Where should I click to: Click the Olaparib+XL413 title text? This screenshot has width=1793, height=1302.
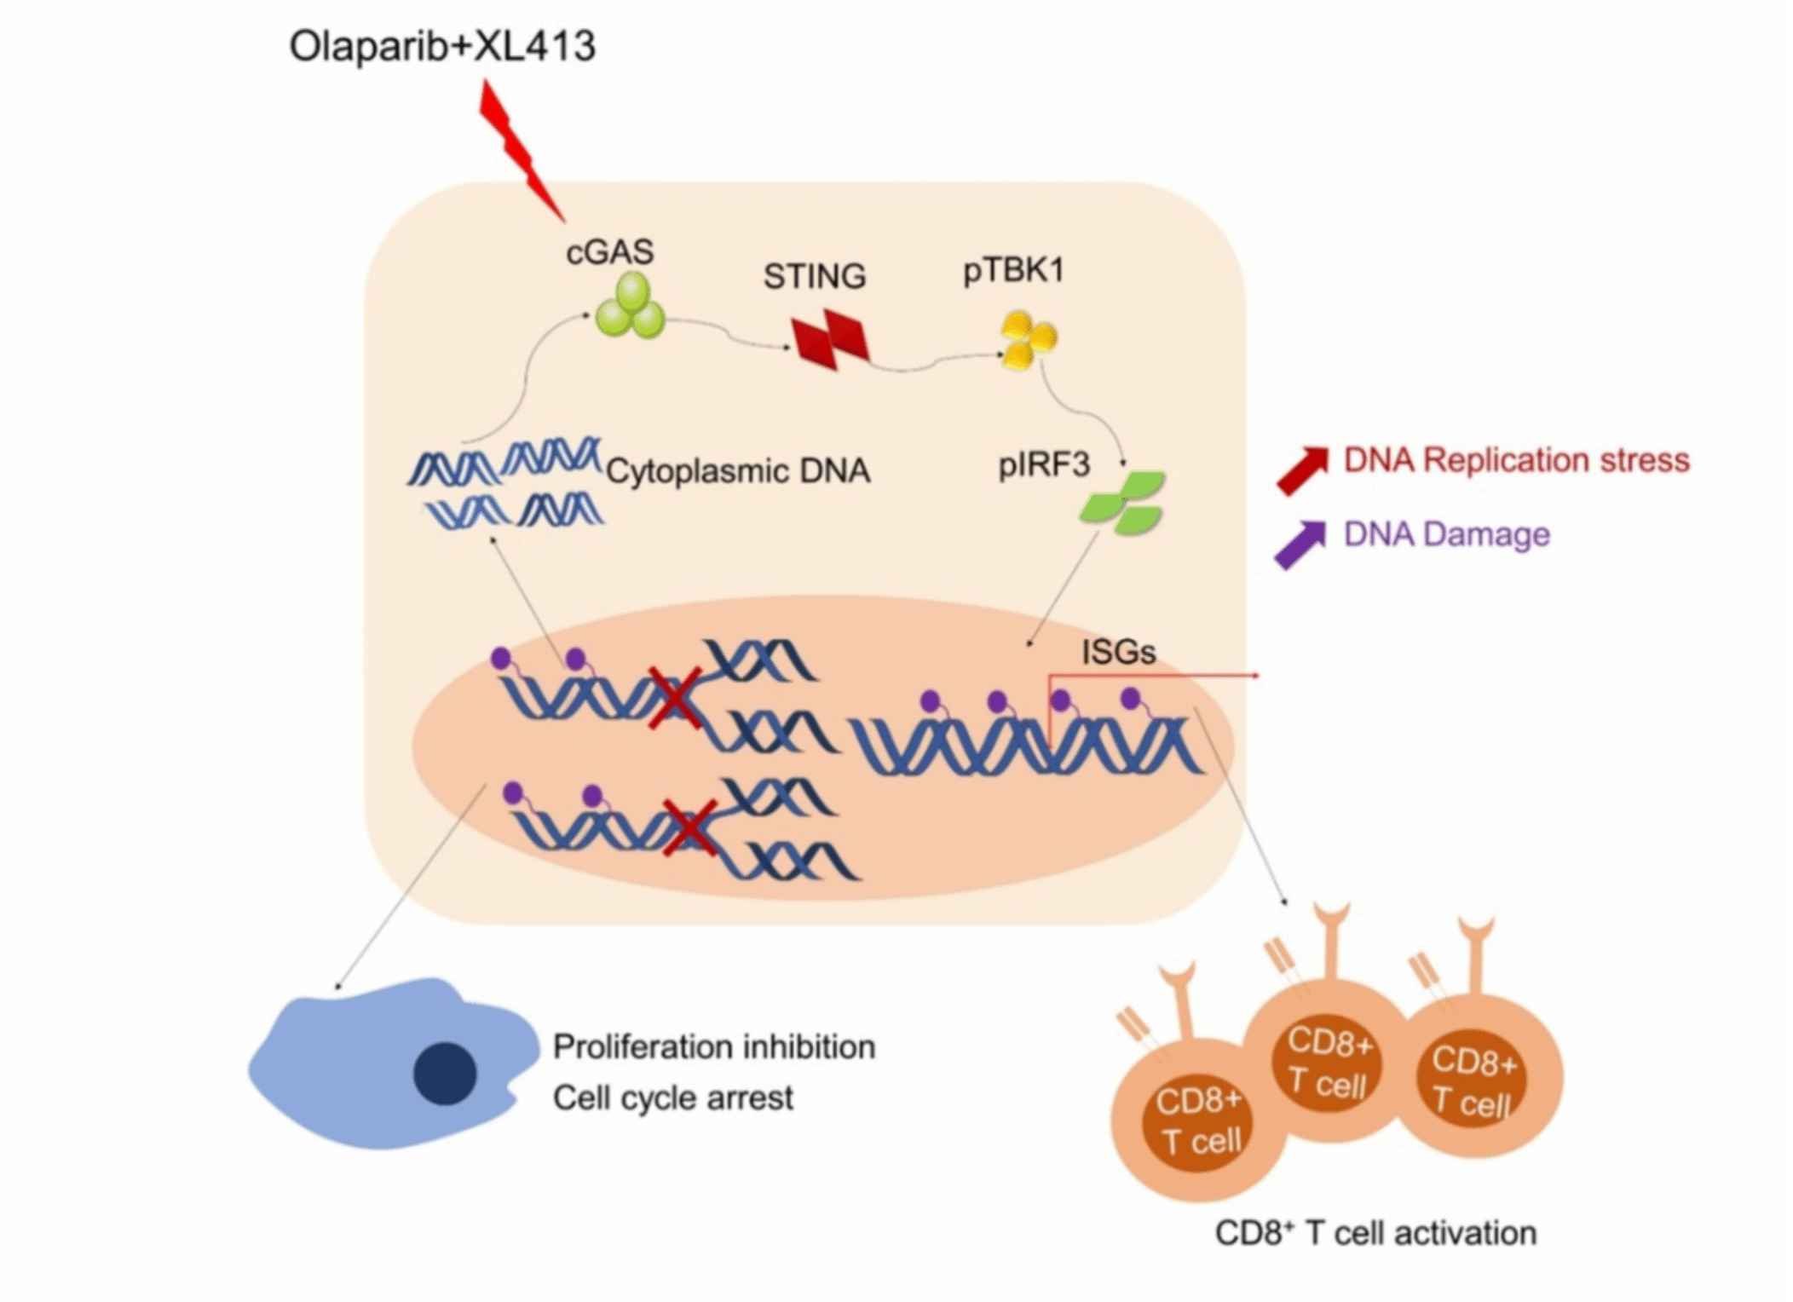coord(442,46)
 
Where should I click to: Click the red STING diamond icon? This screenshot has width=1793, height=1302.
coord(830,339)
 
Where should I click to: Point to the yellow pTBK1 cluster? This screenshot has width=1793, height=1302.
coord(1028,340)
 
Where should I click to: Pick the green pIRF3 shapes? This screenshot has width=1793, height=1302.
coord(1122,503)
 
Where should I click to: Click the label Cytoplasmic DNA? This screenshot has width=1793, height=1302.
coord(738,471)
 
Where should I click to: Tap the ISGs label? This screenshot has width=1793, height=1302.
coord(1118,653)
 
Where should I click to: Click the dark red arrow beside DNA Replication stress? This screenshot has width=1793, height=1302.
coord(1302,470)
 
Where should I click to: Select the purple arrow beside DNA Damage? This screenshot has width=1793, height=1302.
coord(1300,544)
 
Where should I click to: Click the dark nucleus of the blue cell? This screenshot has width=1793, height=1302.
coord(445,1074)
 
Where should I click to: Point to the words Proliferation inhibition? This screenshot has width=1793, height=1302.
coord(714,1046)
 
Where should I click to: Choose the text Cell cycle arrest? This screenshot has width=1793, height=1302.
coord(673,1097)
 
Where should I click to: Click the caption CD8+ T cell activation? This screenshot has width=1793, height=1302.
coord(1375,1233)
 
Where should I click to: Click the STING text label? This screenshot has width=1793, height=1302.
coord(814,276)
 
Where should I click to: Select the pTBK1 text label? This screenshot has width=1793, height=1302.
coord(1013,271)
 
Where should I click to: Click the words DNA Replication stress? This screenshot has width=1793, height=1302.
coord(1516,460)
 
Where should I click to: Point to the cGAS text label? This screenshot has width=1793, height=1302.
coord(610,252)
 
